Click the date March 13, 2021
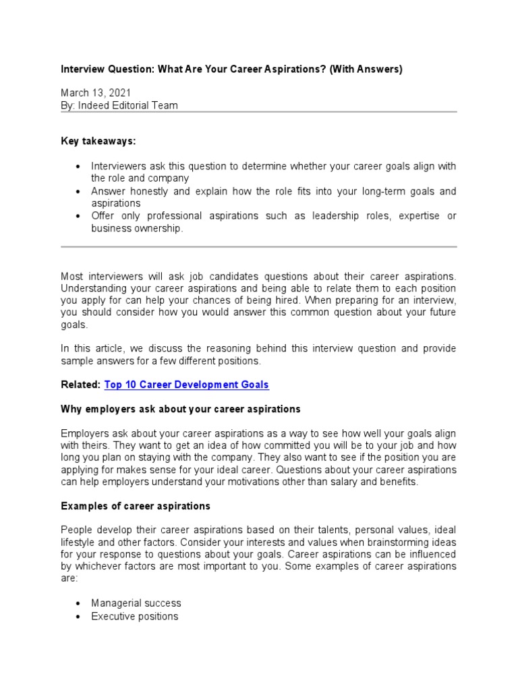(96, 92)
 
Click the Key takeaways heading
(98, 140)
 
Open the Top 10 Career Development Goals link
(186, 385)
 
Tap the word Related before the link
(80, 385)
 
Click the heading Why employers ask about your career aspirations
(181, 409)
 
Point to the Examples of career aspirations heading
(136, 505)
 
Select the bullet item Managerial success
(136, 603)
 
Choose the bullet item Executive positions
(135, 616)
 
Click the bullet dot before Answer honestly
(79, 192)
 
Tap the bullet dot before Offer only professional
(79, 216)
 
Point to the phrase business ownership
(137, 228)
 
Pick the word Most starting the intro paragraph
(73, 276)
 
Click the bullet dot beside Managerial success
(79, 603)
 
